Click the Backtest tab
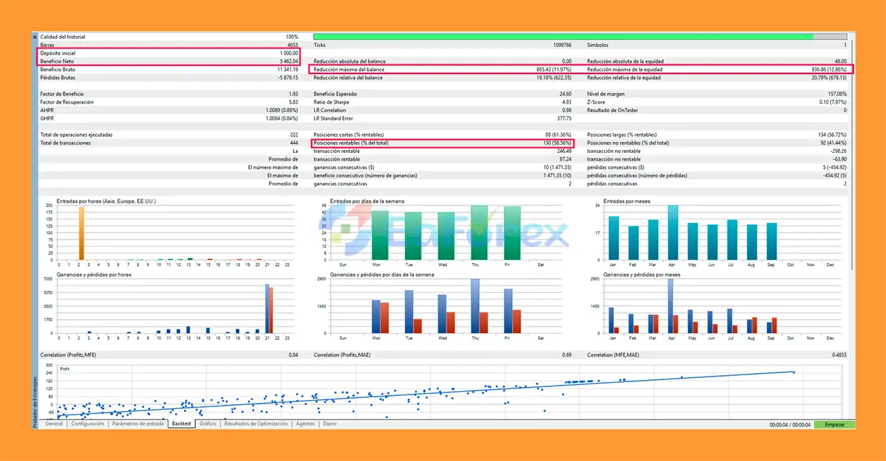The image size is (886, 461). tap(181, 424)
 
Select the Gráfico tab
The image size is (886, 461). tap(208, 424)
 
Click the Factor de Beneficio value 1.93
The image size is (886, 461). tap(293, 94)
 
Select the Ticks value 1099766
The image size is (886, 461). tap(560, 46)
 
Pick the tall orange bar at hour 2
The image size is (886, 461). tap(81, 233)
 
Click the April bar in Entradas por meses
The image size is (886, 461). tap(673, 233)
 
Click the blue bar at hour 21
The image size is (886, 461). tap(266, 309)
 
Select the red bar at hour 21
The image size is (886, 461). tap(271, 310)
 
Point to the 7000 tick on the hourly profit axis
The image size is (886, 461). tap(48, 278)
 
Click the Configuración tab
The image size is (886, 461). tap(87, 424)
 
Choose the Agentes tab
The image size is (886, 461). tap(305, 424)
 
